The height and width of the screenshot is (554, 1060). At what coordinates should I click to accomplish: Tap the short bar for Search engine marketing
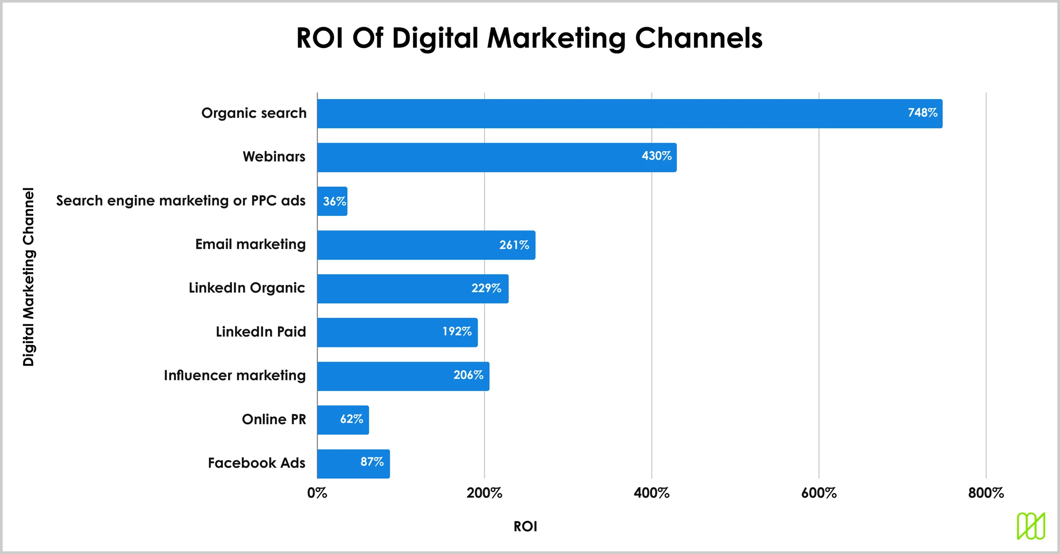(x=332, y=201)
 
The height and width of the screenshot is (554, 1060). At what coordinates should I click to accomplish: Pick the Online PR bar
(x=343, y=420)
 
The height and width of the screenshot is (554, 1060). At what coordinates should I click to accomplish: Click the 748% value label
(x=922, y=113)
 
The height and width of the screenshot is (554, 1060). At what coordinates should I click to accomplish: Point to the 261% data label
(x=514, y=245)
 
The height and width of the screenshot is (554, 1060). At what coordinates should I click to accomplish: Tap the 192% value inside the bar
(x=456, y=331)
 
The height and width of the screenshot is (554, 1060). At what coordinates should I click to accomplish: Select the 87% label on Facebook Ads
(x=372, y=462)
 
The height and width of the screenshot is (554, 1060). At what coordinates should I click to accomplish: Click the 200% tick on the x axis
(x=484, y=493)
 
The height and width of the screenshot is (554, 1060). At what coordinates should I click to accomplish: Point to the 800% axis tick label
(x=986, y=493)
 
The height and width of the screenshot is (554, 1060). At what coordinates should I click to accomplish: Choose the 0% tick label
(x=317, y=493)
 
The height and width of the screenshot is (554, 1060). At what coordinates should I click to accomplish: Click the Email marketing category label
(x=250, y=244)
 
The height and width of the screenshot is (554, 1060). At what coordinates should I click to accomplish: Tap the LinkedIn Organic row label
(x=247, y=288)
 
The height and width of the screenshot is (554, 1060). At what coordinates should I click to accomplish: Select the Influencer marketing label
(x=234, y=375)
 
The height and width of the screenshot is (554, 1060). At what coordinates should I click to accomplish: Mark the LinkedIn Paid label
(x=261, y=332)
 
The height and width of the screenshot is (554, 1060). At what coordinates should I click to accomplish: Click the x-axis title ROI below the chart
(x=525, y=527)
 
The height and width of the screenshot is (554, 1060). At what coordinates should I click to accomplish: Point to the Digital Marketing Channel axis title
(x=28, y=277)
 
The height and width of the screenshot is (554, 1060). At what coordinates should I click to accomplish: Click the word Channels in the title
(x=698, y=38)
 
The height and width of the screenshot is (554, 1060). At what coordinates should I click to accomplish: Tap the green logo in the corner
(x=1031, y=526)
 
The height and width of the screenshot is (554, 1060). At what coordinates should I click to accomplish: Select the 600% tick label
(x=818, y=493)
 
